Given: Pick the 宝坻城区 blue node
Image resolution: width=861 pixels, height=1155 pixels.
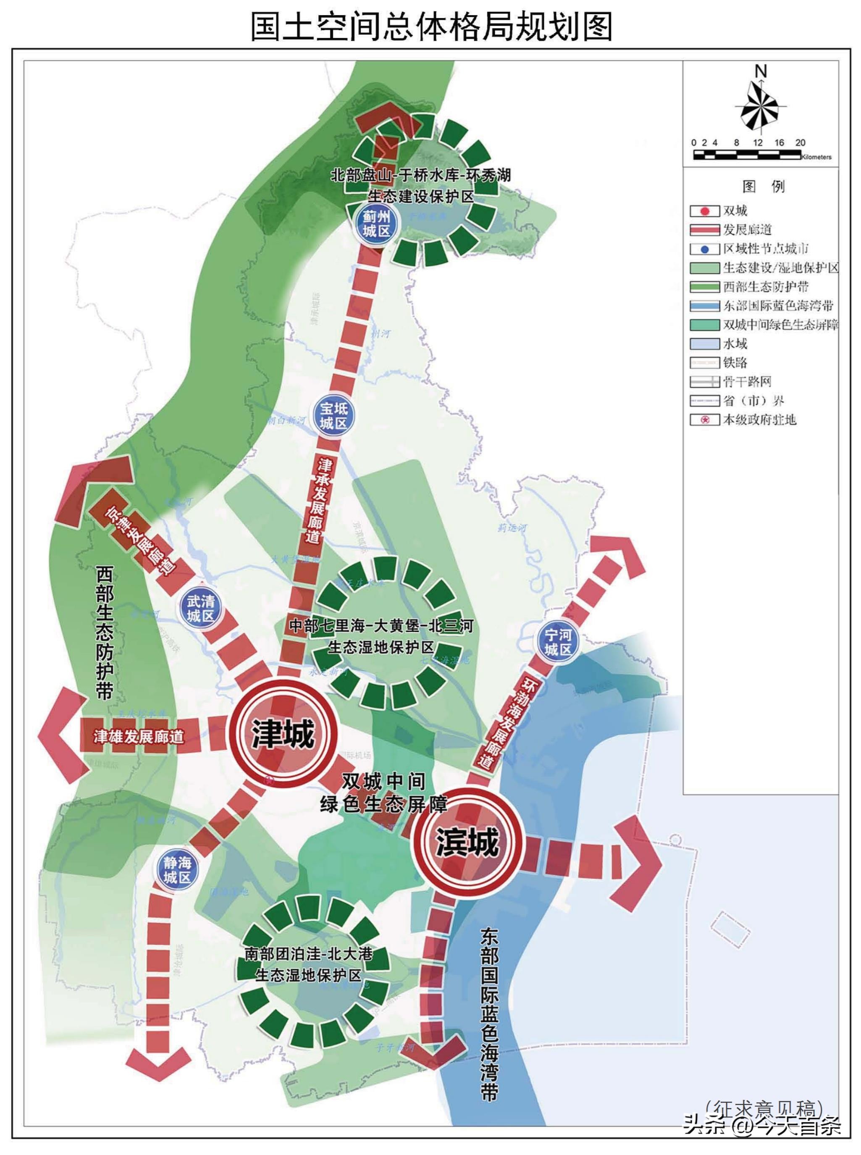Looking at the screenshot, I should pyautogui.click(x=333, y=415).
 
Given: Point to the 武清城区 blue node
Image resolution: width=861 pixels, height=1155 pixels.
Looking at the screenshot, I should pyautogui.click(x=201, y=608).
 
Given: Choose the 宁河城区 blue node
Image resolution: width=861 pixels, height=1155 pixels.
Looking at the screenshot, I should pyautogui.click(x=558, y=642).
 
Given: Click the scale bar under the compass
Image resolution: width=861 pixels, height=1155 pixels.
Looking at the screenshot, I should pyautogui.click(x=747, y=154).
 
